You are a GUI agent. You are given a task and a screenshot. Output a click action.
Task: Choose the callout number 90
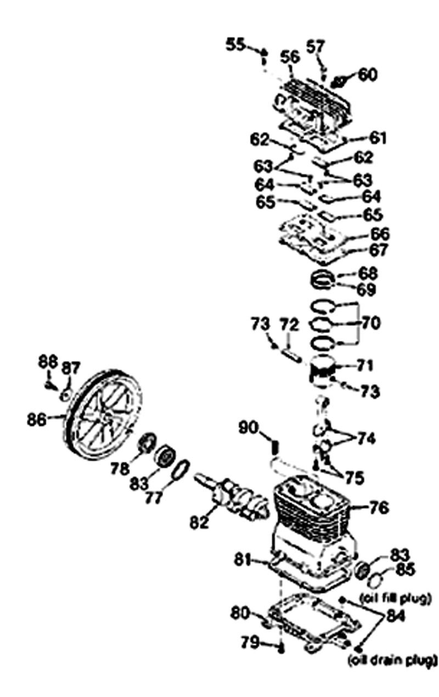point(249,428)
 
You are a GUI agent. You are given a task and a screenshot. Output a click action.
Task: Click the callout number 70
point(370,323)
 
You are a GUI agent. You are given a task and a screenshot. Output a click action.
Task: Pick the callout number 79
point(250,642)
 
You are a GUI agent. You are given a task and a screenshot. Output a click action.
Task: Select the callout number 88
point(48,362)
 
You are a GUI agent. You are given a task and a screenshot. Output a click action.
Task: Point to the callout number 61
point(377,138)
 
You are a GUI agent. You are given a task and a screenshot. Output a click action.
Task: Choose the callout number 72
point(290,324)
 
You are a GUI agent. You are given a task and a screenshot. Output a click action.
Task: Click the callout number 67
point(379,250)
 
